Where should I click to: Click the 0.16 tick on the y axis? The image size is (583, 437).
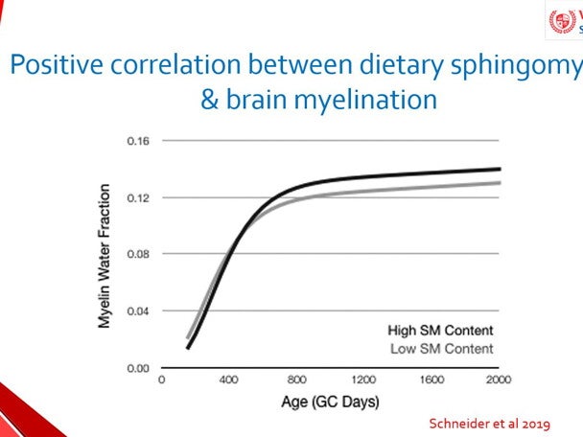coord(139,141)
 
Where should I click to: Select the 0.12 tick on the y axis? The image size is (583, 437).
coord(139,197)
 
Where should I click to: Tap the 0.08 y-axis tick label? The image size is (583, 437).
coord(139,254)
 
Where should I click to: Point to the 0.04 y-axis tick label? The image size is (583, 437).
coord(139,310)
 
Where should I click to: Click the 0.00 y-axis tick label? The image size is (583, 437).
coord(139,368)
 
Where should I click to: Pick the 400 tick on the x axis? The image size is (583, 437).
coord(228,379)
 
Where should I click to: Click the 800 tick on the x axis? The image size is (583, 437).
coord(296,379)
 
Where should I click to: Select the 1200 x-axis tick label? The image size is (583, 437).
coord(363,379)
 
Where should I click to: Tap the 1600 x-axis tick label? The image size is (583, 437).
coord(431,379)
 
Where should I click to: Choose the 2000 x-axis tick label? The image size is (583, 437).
coord(498,379)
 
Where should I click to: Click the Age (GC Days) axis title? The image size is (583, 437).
coord(329,402)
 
